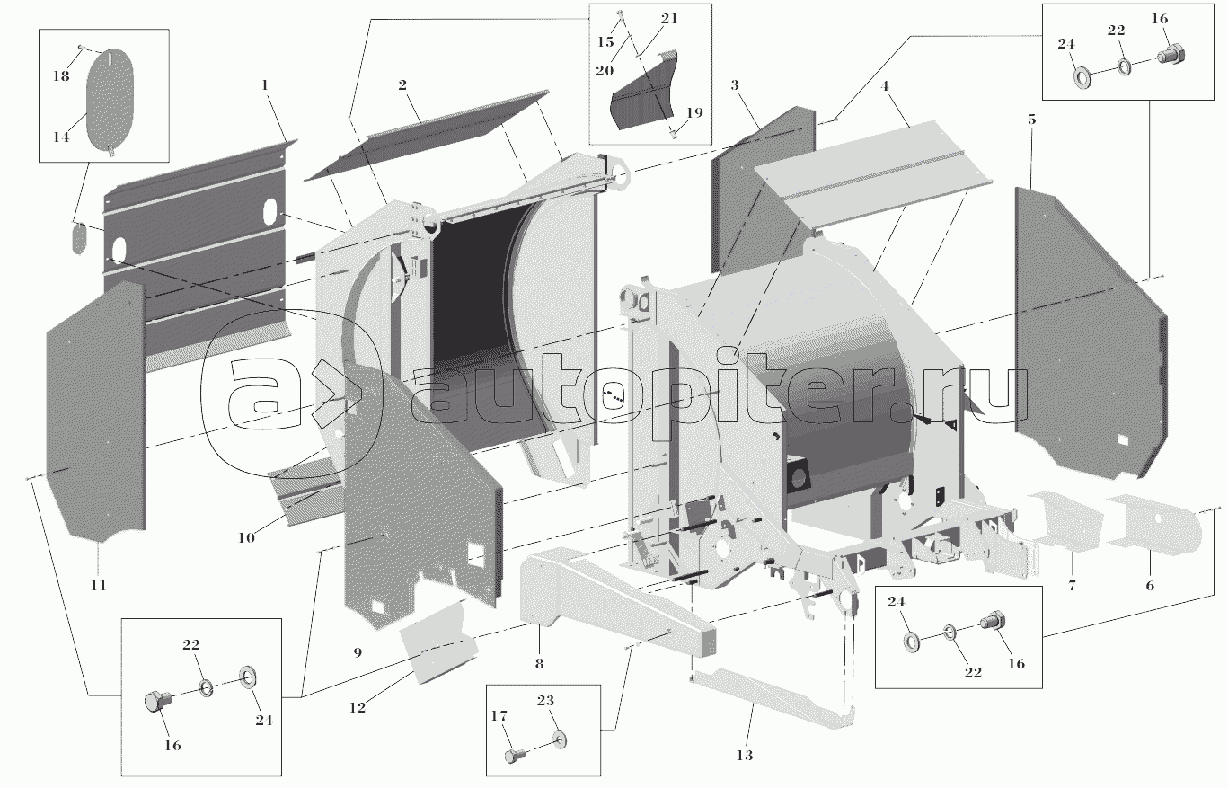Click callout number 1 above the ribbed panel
265,84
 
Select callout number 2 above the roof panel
402,85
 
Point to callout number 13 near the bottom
745,755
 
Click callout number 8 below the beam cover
539,664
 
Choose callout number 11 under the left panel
98,585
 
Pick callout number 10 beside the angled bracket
245,538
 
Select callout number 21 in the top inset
669,19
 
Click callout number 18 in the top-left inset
61,76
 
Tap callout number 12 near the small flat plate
358,708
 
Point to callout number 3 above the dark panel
734,85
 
